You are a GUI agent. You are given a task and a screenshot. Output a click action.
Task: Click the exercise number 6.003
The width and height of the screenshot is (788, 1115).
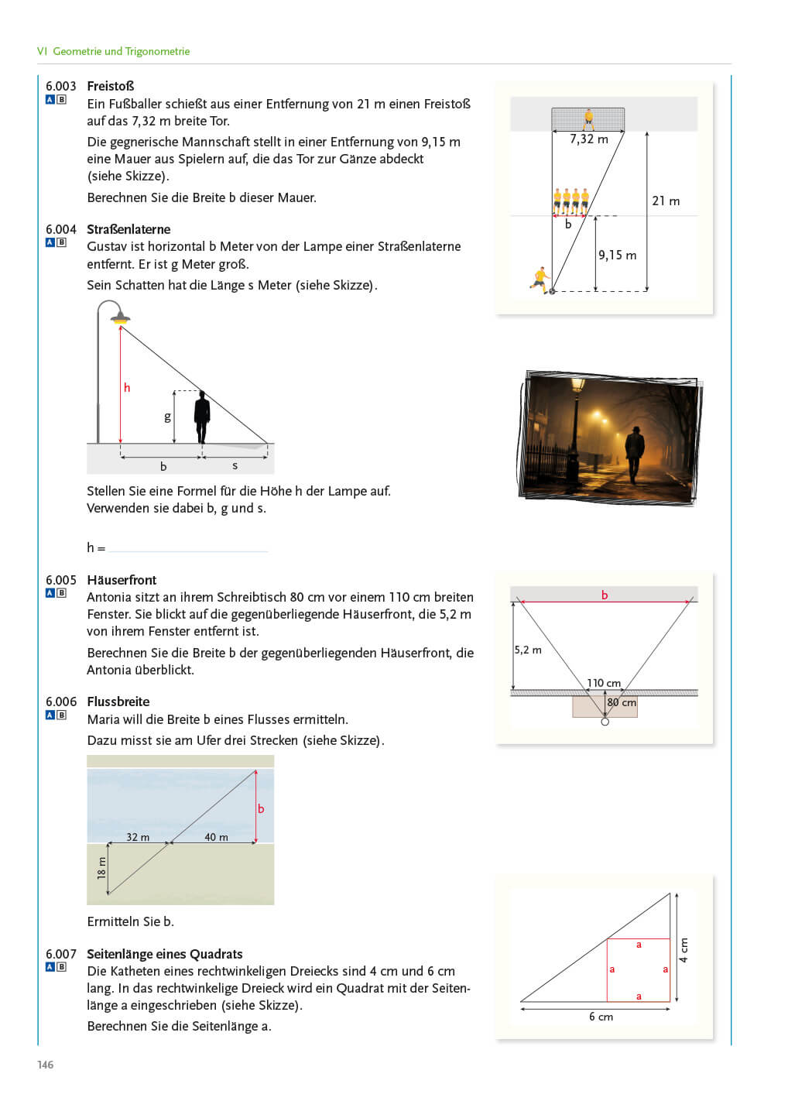click(x=60, y=86)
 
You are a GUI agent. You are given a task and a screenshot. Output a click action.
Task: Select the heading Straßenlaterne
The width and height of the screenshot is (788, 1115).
click(x=128, y=229)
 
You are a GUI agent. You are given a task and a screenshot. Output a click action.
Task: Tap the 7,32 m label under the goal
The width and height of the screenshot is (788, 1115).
click(x=588, y=139)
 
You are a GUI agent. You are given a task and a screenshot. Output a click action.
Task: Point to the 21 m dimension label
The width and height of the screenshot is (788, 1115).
click(x=666, y=201)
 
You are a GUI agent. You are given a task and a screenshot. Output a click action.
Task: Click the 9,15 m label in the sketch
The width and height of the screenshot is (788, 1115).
click(x=617, y=256)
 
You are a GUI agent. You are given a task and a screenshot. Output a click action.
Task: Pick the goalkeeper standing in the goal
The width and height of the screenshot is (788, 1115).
click(x=588, y=118)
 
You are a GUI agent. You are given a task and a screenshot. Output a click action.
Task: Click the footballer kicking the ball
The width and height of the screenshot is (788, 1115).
click(x=540, y=278)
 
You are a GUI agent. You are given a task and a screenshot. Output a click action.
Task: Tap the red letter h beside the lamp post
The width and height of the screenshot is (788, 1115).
click(x=127, y=388)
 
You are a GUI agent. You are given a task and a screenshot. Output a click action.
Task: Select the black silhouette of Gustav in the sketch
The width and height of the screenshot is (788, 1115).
click(x=202, y=416)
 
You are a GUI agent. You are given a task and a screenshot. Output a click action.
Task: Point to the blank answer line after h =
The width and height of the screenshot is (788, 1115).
click(x=188, y=547)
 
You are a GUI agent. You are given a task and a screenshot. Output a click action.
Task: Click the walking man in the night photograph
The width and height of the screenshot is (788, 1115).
click(x=635, y=453)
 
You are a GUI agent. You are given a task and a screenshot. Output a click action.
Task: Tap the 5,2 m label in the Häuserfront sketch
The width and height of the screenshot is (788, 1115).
click(x=528, y=650)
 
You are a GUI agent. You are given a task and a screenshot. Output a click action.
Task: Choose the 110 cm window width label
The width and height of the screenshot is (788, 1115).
click(x=604, y=683)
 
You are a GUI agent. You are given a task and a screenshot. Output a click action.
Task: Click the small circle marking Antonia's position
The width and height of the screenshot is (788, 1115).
click(x=605, y=722)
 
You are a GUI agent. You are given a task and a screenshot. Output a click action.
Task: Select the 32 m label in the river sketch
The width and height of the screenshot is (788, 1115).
click(x=138, y=837)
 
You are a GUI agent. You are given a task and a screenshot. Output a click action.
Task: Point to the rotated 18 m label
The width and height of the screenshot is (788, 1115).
click(x=101, y=868)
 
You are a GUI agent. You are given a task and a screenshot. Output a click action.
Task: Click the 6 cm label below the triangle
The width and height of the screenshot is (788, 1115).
click(x=601, y=1017)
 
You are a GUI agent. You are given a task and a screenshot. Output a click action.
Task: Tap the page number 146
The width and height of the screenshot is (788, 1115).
click(x=46, y=1065)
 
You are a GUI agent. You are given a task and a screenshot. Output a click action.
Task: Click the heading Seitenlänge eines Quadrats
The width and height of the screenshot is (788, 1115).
click(x=165, y=954)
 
